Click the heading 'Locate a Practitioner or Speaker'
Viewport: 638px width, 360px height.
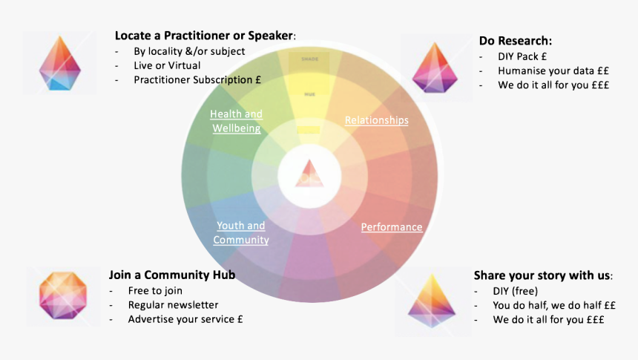click(204, 36)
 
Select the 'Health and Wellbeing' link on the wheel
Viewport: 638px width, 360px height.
click(236, 121)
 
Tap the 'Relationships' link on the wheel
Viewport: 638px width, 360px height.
click(376, 120)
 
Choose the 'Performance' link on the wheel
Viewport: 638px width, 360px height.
click(392, 227)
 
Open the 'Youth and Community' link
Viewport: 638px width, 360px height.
click(241, 232)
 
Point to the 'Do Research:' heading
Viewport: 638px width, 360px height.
click(516, 41)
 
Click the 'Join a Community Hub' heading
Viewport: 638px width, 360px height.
click(172, 275)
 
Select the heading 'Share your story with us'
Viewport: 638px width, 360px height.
click(542, 275)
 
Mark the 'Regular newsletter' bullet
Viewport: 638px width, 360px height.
click(173, 304)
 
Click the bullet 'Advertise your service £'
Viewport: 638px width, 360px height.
click(185, 319)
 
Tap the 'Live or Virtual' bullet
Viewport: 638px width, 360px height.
click(167, 65)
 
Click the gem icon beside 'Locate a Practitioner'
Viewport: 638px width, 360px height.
click(60, 62)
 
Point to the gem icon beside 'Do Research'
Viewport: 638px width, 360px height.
click(435, 68)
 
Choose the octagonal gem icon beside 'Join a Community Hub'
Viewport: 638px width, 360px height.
click(63, 296)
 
